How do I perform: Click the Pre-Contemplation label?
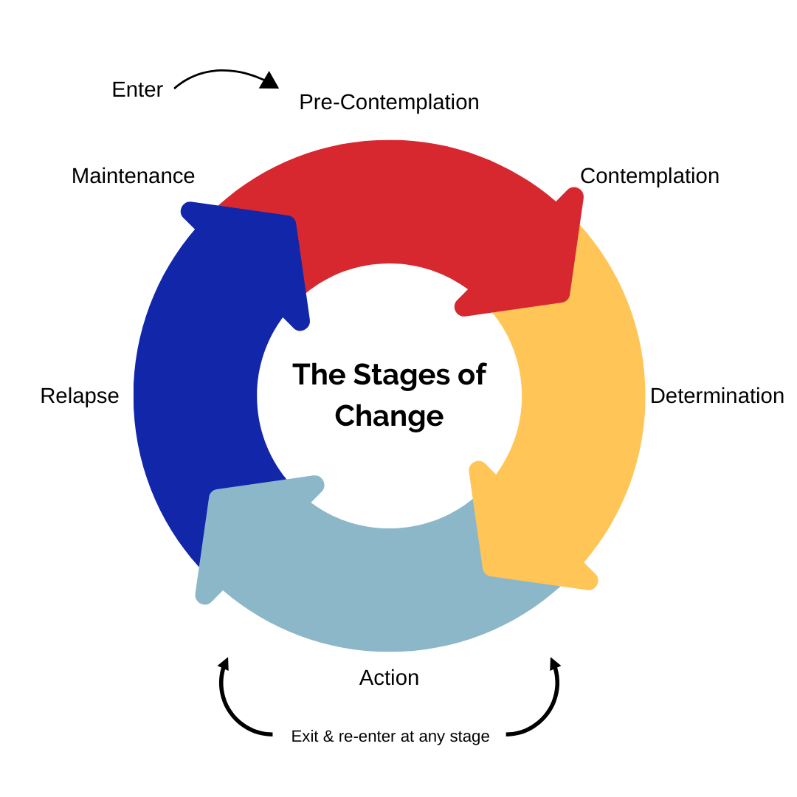[389, 102]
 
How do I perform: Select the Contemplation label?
[649, 176]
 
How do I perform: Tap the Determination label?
[717, 396]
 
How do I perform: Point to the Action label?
[389, 677]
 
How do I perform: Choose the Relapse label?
[80, 396]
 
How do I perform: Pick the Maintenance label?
[133, 176]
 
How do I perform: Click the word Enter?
[137, 89]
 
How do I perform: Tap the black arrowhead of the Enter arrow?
[269, 80]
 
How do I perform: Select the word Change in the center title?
[389, 415]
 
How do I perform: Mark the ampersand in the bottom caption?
[328, 736]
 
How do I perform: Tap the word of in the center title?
[472, 374]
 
